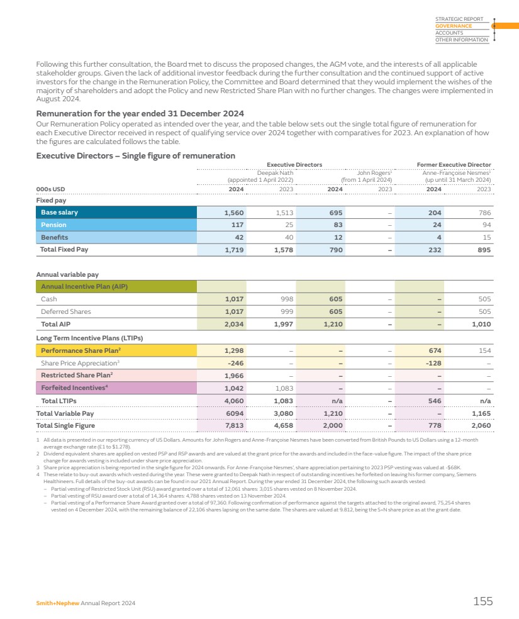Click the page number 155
(483, 601)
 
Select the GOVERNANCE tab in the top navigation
(453, 26)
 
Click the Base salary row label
(60, 213)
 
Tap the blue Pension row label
(53, 225)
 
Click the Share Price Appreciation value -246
(235, 363)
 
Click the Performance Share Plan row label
(72, 350)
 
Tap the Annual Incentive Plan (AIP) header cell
(84, 287)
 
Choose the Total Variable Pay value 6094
(234, 413)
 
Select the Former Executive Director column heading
(454, 165)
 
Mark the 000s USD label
(50, 188)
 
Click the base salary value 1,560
(234, 213)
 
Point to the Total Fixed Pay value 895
(483, 250)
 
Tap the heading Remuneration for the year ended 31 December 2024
(140, 114)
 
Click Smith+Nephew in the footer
(53, 603)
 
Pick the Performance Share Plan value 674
(433, 350)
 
